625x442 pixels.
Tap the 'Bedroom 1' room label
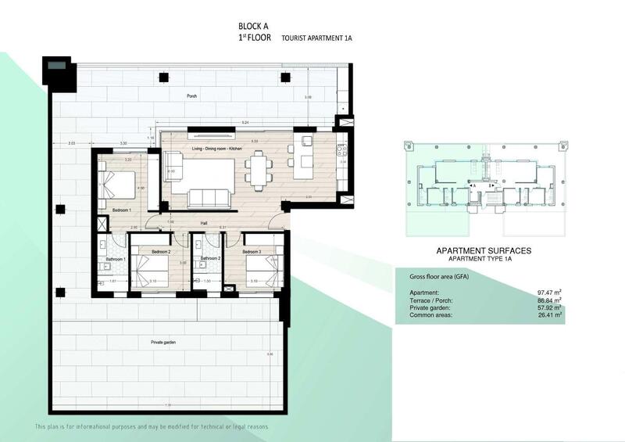point(121,210)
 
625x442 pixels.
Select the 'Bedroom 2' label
point(161,252)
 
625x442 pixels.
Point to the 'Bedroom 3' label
point(252,252)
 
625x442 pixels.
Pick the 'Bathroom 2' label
point(209,258)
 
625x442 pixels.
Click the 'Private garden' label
point(164,343)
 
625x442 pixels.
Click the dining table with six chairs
point(257,168)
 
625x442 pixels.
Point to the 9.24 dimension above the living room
point(245,124)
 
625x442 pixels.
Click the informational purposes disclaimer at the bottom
point(152,426)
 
